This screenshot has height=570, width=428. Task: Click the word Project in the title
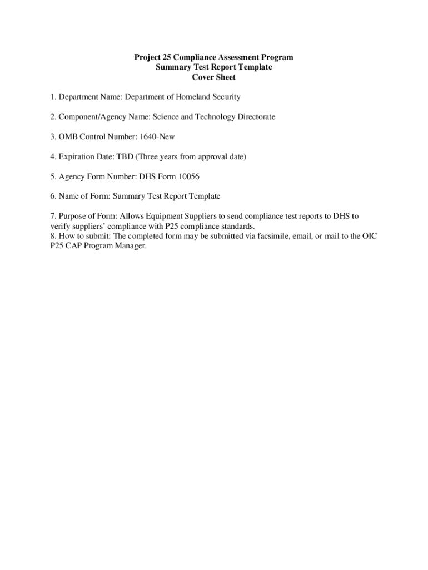[147, 57]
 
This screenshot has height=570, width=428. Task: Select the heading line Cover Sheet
[213, 77]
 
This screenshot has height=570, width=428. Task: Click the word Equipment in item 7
[161, 216]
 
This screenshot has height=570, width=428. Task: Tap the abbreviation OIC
[370, 236]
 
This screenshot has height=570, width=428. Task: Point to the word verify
[60, 226]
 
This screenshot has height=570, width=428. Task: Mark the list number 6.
[52, 196]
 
